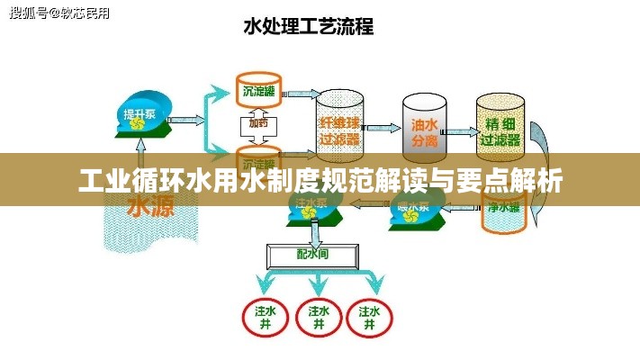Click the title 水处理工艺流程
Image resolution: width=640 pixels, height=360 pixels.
[309, 25]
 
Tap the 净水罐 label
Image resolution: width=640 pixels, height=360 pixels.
[503, 207]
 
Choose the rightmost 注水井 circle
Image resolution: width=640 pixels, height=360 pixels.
[371, 316]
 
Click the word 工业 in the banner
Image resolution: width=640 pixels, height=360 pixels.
[101, 182]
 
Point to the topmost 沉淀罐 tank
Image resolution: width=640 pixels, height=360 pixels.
[258, 87]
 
